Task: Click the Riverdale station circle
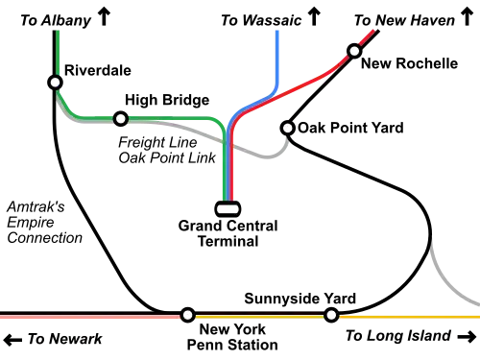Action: (x=55, y=83)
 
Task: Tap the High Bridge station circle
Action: (x=121, y=119)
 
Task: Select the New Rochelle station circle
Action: (x=354, y=51)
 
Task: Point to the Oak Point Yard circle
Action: (x=287, y=128)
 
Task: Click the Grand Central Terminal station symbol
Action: (x=228, y=209)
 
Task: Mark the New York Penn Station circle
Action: (x=188, y=315)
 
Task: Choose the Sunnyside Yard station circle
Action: (x=331, y=315)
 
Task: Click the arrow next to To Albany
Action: (x=104, y=17)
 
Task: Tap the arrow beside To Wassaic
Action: (x=314, y=17)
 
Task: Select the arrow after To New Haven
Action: (x=467, y=17)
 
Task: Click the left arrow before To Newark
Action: (x=12, y=340)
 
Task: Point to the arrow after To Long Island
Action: (x=467, y=337)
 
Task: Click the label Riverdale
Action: (x=98, y=70)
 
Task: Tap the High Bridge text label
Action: (x=167, y=100)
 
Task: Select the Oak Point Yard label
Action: (x=350, y=128)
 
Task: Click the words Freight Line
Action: (x=157, y=142)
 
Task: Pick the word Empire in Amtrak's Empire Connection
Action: (x=31, y=223)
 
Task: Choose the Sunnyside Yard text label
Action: (x=300, y=299)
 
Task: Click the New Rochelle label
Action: (x=409, y=63)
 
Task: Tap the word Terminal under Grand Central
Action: (x=228, y=241)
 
